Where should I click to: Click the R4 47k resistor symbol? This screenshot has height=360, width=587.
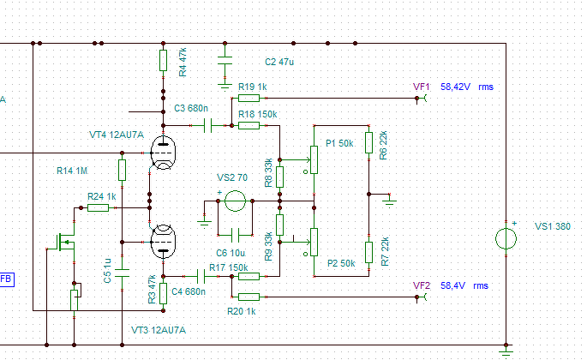tap(163, 60)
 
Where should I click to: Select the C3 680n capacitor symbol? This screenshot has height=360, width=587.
tap(208, 125)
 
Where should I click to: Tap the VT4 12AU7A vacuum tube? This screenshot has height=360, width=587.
tap(163, 153)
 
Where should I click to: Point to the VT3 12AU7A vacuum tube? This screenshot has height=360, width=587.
tap(163, 242)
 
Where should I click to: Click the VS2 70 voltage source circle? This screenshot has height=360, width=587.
tap(235, 201)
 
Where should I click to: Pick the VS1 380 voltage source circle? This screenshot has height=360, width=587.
tap(506, 238)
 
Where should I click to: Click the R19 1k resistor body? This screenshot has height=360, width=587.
tap(249, 99)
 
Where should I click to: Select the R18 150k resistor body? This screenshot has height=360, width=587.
tap(249, 125)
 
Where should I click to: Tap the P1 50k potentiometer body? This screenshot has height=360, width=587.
tap(314, 160)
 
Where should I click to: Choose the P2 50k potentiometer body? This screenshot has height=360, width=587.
tap(314, 242)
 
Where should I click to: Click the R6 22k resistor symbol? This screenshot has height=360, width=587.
tap(368, 143)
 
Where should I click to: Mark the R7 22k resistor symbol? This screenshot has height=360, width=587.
tap(368, 252)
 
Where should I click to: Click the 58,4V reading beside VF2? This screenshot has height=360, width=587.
tap(452, 285)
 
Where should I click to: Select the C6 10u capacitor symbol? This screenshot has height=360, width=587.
tap(235, 235)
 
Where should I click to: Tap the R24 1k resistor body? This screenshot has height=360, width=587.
tap(98, 208)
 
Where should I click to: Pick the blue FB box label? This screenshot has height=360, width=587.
tap(6, 279)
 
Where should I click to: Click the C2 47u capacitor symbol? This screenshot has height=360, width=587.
tap(225, 60)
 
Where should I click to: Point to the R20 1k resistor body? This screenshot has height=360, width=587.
tap(249, 297)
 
